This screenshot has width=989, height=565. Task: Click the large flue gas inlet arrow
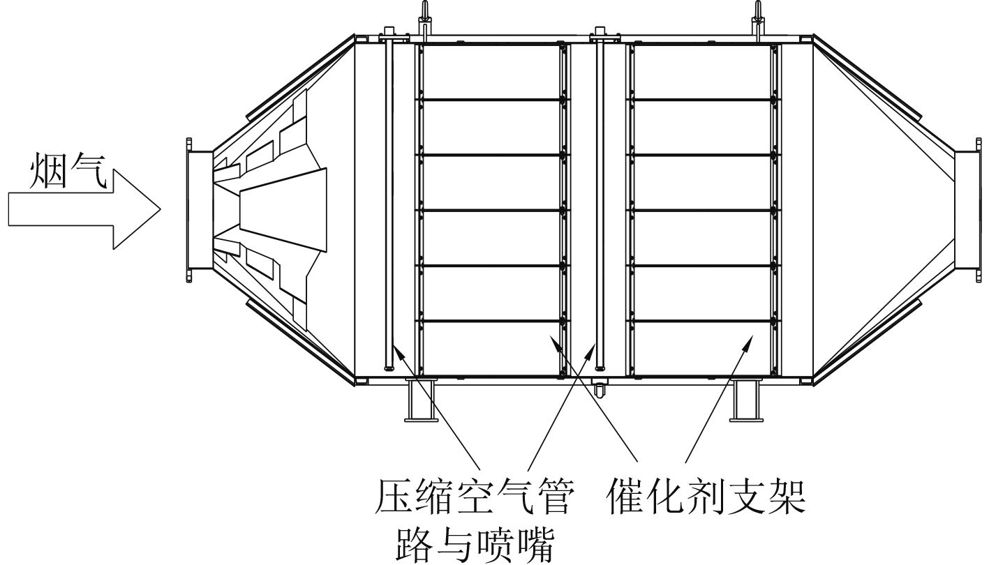click(x=84, y=209)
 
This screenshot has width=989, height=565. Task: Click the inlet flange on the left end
click(x=191, y=209)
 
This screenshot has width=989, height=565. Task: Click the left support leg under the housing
click(x=420, y=401)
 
